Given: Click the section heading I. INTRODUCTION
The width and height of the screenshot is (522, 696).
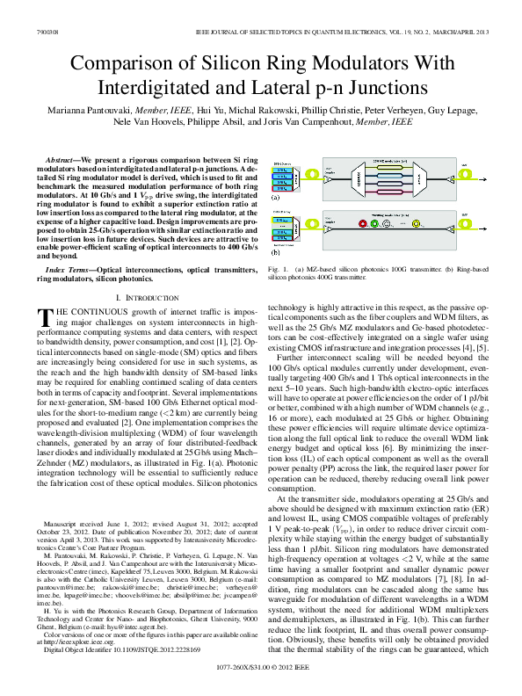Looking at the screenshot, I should [x=149, y=300].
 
